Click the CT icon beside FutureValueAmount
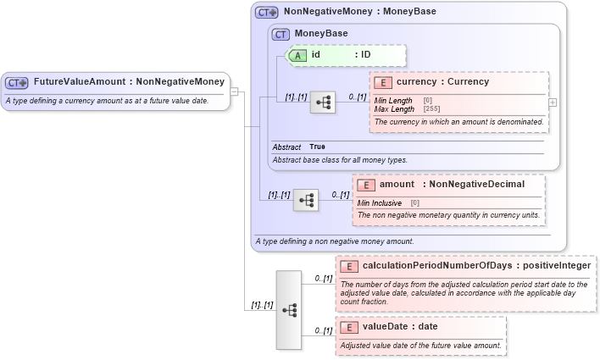[17, 83]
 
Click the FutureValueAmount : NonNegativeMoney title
[129, 82]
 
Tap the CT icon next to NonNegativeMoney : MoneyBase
[267, 13]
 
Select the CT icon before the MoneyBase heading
[281, 34]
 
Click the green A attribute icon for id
[298, 55]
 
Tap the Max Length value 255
[432, 109]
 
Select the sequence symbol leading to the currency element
[323, 102]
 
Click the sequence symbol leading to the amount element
[306, 200]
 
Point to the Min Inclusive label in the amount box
[380, 203]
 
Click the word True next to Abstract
[317, 147]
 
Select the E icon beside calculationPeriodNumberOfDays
[349, 266]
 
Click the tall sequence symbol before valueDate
[288, 310]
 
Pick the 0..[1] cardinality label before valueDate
[322, 330]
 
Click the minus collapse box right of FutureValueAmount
[235, 91]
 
